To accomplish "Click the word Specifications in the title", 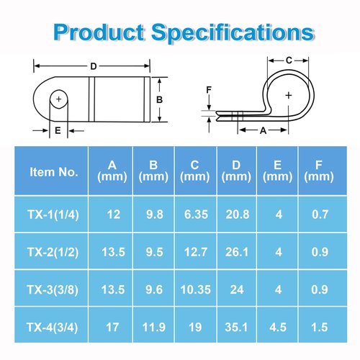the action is click(233, 32).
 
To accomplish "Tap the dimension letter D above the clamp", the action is click(94, 66).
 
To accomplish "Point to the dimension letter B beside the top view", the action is click(159, 99).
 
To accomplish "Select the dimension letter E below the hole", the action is click(58, 130).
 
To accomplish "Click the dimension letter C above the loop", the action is click(289, 60).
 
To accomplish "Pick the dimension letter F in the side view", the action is click(209, 90).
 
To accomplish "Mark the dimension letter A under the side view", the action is click(264, 130).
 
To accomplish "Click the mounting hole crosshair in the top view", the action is click(58, 99).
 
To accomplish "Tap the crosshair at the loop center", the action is click(289, 95).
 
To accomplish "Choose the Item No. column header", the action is click(54, 172).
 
